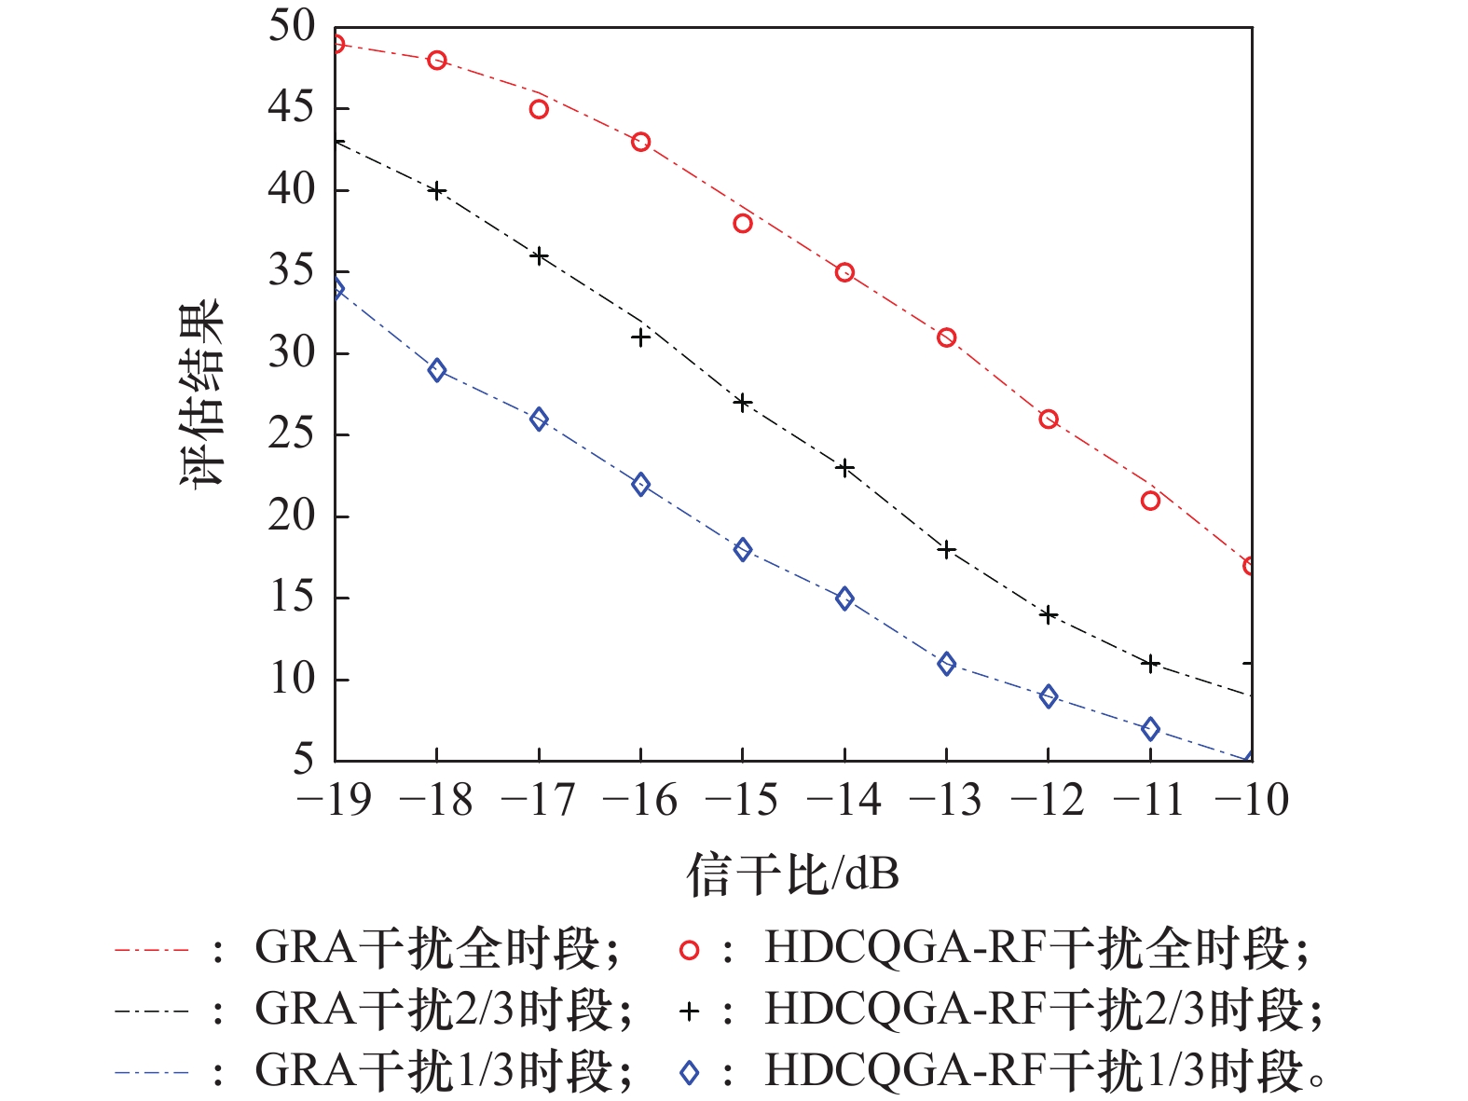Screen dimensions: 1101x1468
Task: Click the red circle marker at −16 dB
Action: tap(640, 143)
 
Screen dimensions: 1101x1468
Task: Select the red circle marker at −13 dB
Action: tap(946, 337)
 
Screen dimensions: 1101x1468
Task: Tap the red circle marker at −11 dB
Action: tap(1150, 501)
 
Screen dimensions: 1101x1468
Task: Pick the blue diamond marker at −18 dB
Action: tap(436, 370)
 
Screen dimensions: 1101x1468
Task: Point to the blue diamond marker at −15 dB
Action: tap(742, 549)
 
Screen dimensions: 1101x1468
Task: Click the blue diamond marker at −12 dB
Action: tap(1049, 696)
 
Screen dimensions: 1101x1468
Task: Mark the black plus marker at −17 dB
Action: tap(539, 256)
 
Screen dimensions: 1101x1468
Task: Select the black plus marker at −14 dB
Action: tap(844, 468)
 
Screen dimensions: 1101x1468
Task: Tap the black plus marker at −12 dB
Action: tap(1049, 614)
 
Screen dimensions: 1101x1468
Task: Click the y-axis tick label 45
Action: tap(292, 108)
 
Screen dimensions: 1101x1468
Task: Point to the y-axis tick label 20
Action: tap(292, 516)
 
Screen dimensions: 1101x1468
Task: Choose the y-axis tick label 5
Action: tap(303, 760)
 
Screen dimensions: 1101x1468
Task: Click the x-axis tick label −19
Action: tap(333, 800)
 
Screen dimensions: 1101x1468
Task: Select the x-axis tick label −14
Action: tap(844, 800)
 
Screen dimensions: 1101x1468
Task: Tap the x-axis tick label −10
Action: tap(1251, 800)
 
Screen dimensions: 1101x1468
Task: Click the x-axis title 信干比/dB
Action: tap(792, 874)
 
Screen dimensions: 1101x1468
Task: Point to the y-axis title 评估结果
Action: tap(202, 392)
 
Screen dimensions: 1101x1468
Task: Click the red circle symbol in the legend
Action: tap(689, 950)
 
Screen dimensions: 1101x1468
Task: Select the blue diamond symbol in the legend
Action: tap(689, 1073)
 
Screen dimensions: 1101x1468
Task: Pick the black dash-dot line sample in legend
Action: tap(151, 1012)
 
